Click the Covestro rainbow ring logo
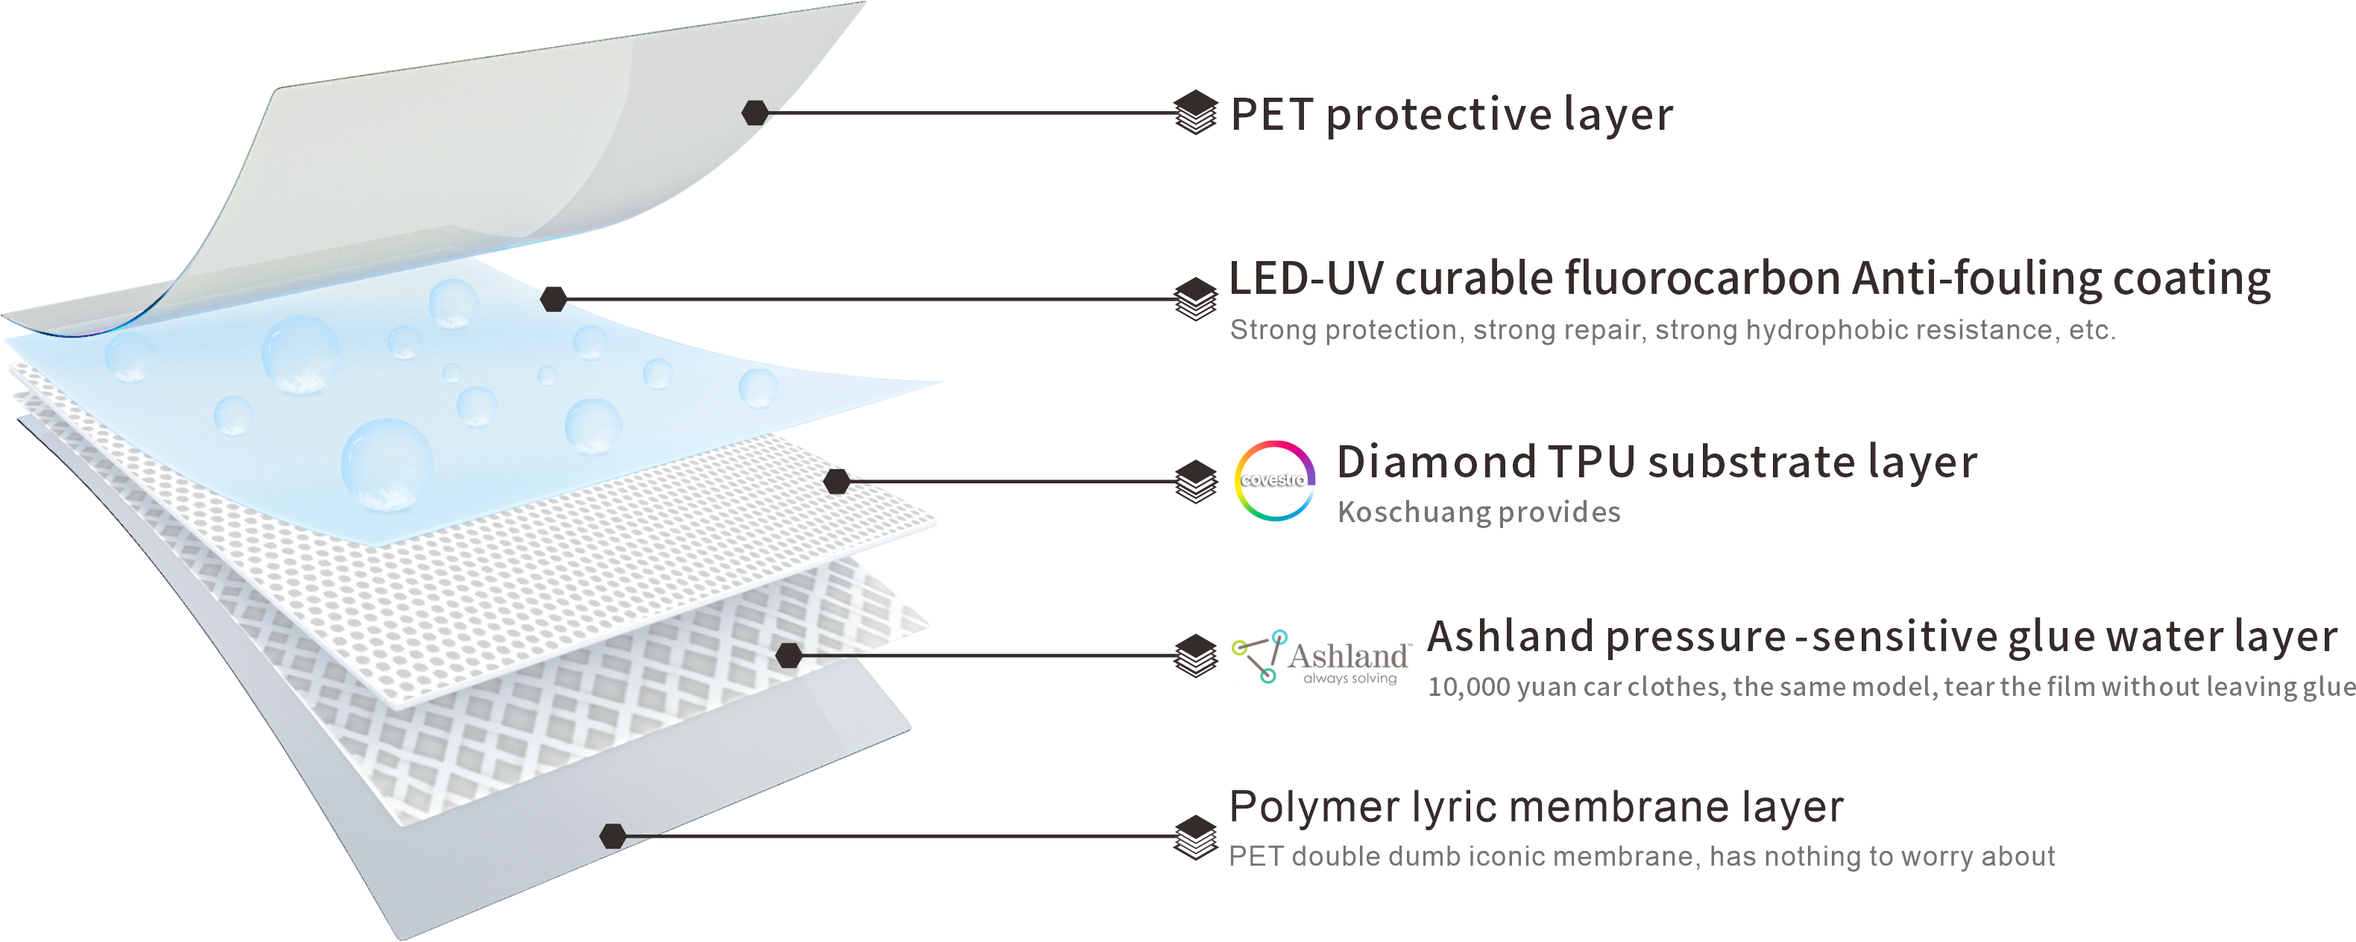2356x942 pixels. pyautogui.click(x=1275, y=480)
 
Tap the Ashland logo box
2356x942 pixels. pyautogui.click(x=1322, y=656)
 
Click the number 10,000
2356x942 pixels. pyautogui.click(x=1469, y=687)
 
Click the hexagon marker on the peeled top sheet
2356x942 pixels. pyautogui.click(x=755, y=113)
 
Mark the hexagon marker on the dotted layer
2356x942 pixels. pyautogui.click(x=836, y=481)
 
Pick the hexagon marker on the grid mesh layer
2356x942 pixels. pyautogui.click(x=788, y=655)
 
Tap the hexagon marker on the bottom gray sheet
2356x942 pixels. pyautogui.click(x=613, y=835)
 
